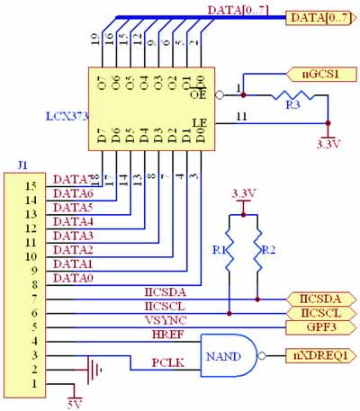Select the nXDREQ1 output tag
click(x=317, y=355)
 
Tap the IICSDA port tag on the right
click(x=316, y=298)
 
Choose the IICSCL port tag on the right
click(x=316, y=312)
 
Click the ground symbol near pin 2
click(x=89, y=369)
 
